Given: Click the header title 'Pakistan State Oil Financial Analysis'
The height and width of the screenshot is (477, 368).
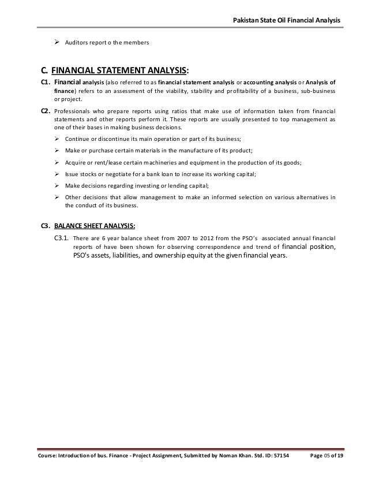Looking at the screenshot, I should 286,21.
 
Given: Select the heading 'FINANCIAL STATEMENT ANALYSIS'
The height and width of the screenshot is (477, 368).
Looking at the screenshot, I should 119,72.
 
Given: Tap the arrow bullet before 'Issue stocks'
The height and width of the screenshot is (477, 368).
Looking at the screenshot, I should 57,173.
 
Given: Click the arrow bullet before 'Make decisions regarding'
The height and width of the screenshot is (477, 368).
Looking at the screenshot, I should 57,185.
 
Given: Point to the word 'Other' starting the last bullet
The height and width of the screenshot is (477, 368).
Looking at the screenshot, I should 73,196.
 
